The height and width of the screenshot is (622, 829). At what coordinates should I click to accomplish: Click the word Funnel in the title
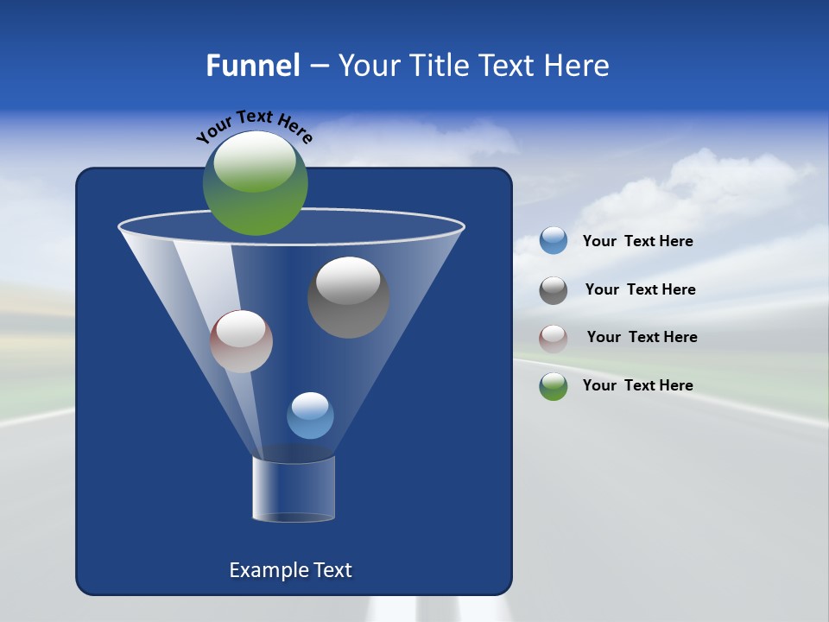click(x=252, y=66)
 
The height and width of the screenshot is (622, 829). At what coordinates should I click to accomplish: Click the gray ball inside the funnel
click(x=348, y=298)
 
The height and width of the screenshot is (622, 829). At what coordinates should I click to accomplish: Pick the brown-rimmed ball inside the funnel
click(x=241, y=341)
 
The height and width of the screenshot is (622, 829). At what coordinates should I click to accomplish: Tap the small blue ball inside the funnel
click(x=310, y=416)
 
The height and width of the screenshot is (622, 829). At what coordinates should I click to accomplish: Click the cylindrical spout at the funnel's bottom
click(x=294, y=489)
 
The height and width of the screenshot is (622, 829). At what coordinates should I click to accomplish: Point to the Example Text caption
click(x=290, y=570)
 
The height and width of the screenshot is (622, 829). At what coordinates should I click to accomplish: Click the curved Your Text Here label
click(x=254, y=124)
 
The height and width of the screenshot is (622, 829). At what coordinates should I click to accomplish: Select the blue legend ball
click(x=554, y=241)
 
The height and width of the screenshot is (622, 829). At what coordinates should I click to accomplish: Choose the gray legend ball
click(x=554, y=290)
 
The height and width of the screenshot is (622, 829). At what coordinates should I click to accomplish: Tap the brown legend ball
click(x=554, y=338)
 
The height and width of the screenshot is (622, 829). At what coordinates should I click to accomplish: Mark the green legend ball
click(x=554, y=386)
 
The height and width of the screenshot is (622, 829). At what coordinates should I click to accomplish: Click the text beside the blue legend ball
click(x=637, y=241)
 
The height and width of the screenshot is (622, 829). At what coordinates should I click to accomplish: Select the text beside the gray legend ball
click(x=640, y=289)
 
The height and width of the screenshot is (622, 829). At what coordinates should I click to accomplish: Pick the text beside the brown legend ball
click(x=642, y=337)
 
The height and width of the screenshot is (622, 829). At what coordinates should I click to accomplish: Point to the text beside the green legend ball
click(x=637, y=385)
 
